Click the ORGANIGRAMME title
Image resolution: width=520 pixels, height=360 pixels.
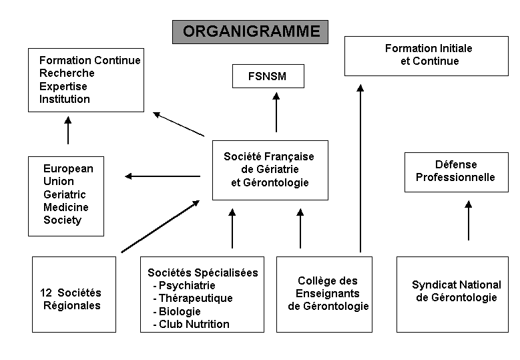[250, 32]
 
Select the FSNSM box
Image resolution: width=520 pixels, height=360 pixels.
[268, 76]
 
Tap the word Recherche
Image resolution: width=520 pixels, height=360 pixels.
[67, 73]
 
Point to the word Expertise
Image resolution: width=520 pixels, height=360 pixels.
[63, 86]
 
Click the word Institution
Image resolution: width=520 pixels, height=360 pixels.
[65, 99]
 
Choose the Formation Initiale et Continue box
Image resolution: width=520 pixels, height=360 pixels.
[427, 56]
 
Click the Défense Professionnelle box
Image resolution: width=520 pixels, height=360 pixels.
[457, 172]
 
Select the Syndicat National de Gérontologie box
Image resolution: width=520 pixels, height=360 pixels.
[453, 295]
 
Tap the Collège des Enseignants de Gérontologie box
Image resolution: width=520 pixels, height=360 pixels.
[324, 295]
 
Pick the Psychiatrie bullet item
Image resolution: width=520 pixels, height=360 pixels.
[184, 285]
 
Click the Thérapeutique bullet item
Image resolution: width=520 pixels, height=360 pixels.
[193, 298]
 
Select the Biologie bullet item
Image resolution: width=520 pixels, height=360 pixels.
[177, 311]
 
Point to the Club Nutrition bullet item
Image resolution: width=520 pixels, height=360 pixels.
[192, 324]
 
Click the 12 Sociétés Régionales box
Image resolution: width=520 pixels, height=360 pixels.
[74, 295]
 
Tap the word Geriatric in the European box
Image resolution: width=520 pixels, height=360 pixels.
[65, 194]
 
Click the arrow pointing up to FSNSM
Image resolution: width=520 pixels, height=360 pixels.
[276, 112]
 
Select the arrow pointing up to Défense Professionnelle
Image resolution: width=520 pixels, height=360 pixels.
[468, 220]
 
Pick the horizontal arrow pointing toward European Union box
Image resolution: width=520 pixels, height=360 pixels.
[162, 176]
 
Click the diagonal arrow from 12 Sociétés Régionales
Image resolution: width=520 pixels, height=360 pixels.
[160, 226]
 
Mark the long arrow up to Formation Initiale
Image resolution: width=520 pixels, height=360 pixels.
[360, 168]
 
